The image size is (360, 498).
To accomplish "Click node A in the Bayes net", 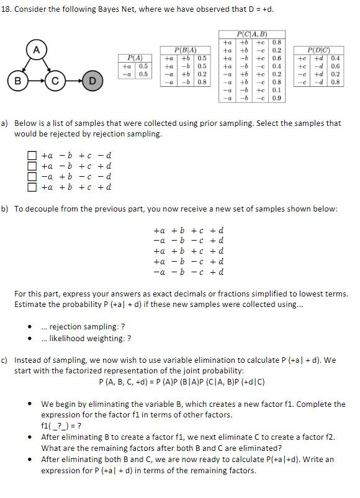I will pos(37,50).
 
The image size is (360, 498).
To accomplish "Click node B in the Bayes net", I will pos(18,80).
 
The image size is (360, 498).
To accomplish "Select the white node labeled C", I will pos(55,80).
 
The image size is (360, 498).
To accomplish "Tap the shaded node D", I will pos(92,80).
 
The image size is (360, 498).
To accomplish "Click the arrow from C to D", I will pos(73,80).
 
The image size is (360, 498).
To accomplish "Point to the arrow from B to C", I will pos(37,80).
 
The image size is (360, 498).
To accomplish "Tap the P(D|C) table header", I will pos(318,50).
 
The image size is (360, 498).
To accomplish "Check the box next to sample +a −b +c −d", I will pos(32,156).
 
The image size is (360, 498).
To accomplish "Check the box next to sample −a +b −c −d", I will pos(32,176).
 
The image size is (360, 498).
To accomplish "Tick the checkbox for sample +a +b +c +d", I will pos(32,187).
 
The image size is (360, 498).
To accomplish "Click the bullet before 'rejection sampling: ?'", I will pos(30,327).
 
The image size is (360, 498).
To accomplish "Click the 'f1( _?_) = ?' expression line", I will pos(61,426).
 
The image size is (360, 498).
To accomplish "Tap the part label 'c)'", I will pos(4,360).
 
